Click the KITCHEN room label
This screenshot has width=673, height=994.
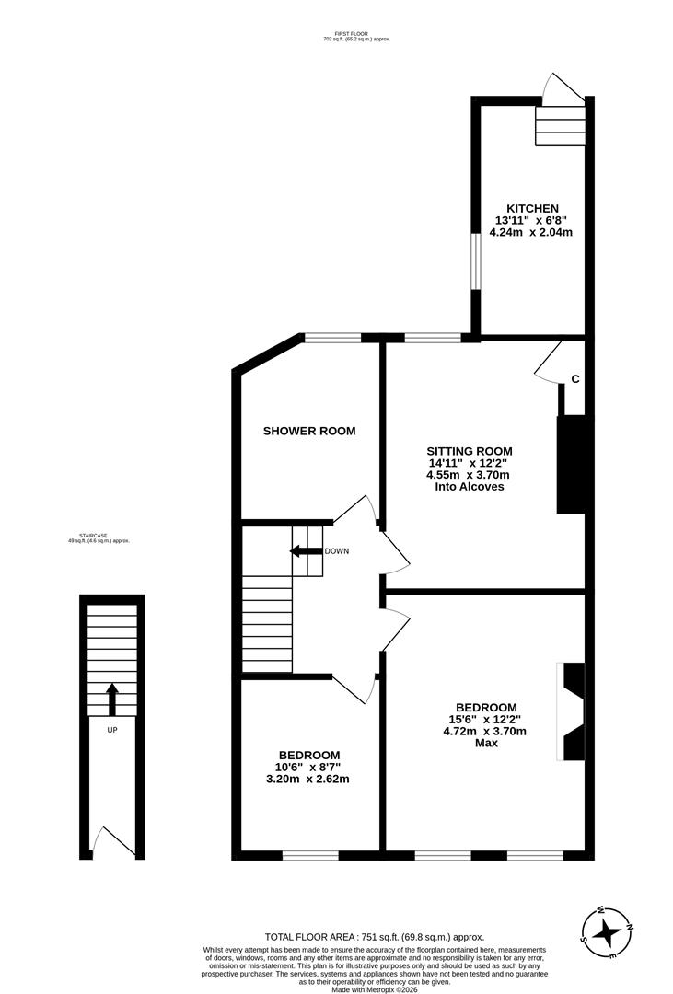(532, 208)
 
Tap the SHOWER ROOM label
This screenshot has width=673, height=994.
(309, 431)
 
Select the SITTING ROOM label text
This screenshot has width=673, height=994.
(468, 449)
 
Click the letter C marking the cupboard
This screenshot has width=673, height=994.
(575, 378)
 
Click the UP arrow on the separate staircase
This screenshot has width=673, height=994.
(112, 699)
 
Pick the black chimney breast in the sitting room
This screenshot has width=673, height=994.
(571, 464)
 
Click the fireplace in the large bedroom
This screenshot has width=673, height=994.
(570, 711)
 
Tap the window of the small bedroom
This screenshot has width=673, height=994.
(310, 855)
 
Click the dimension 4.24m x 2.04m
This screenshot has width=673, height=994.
(532, 233)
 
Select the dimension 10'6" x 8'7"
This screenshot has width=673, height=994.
(307, 766)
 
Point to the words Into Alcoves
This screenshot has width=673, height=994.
(469, 487)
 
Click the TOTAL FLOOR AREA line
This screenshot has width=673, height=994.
(374, 936)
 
